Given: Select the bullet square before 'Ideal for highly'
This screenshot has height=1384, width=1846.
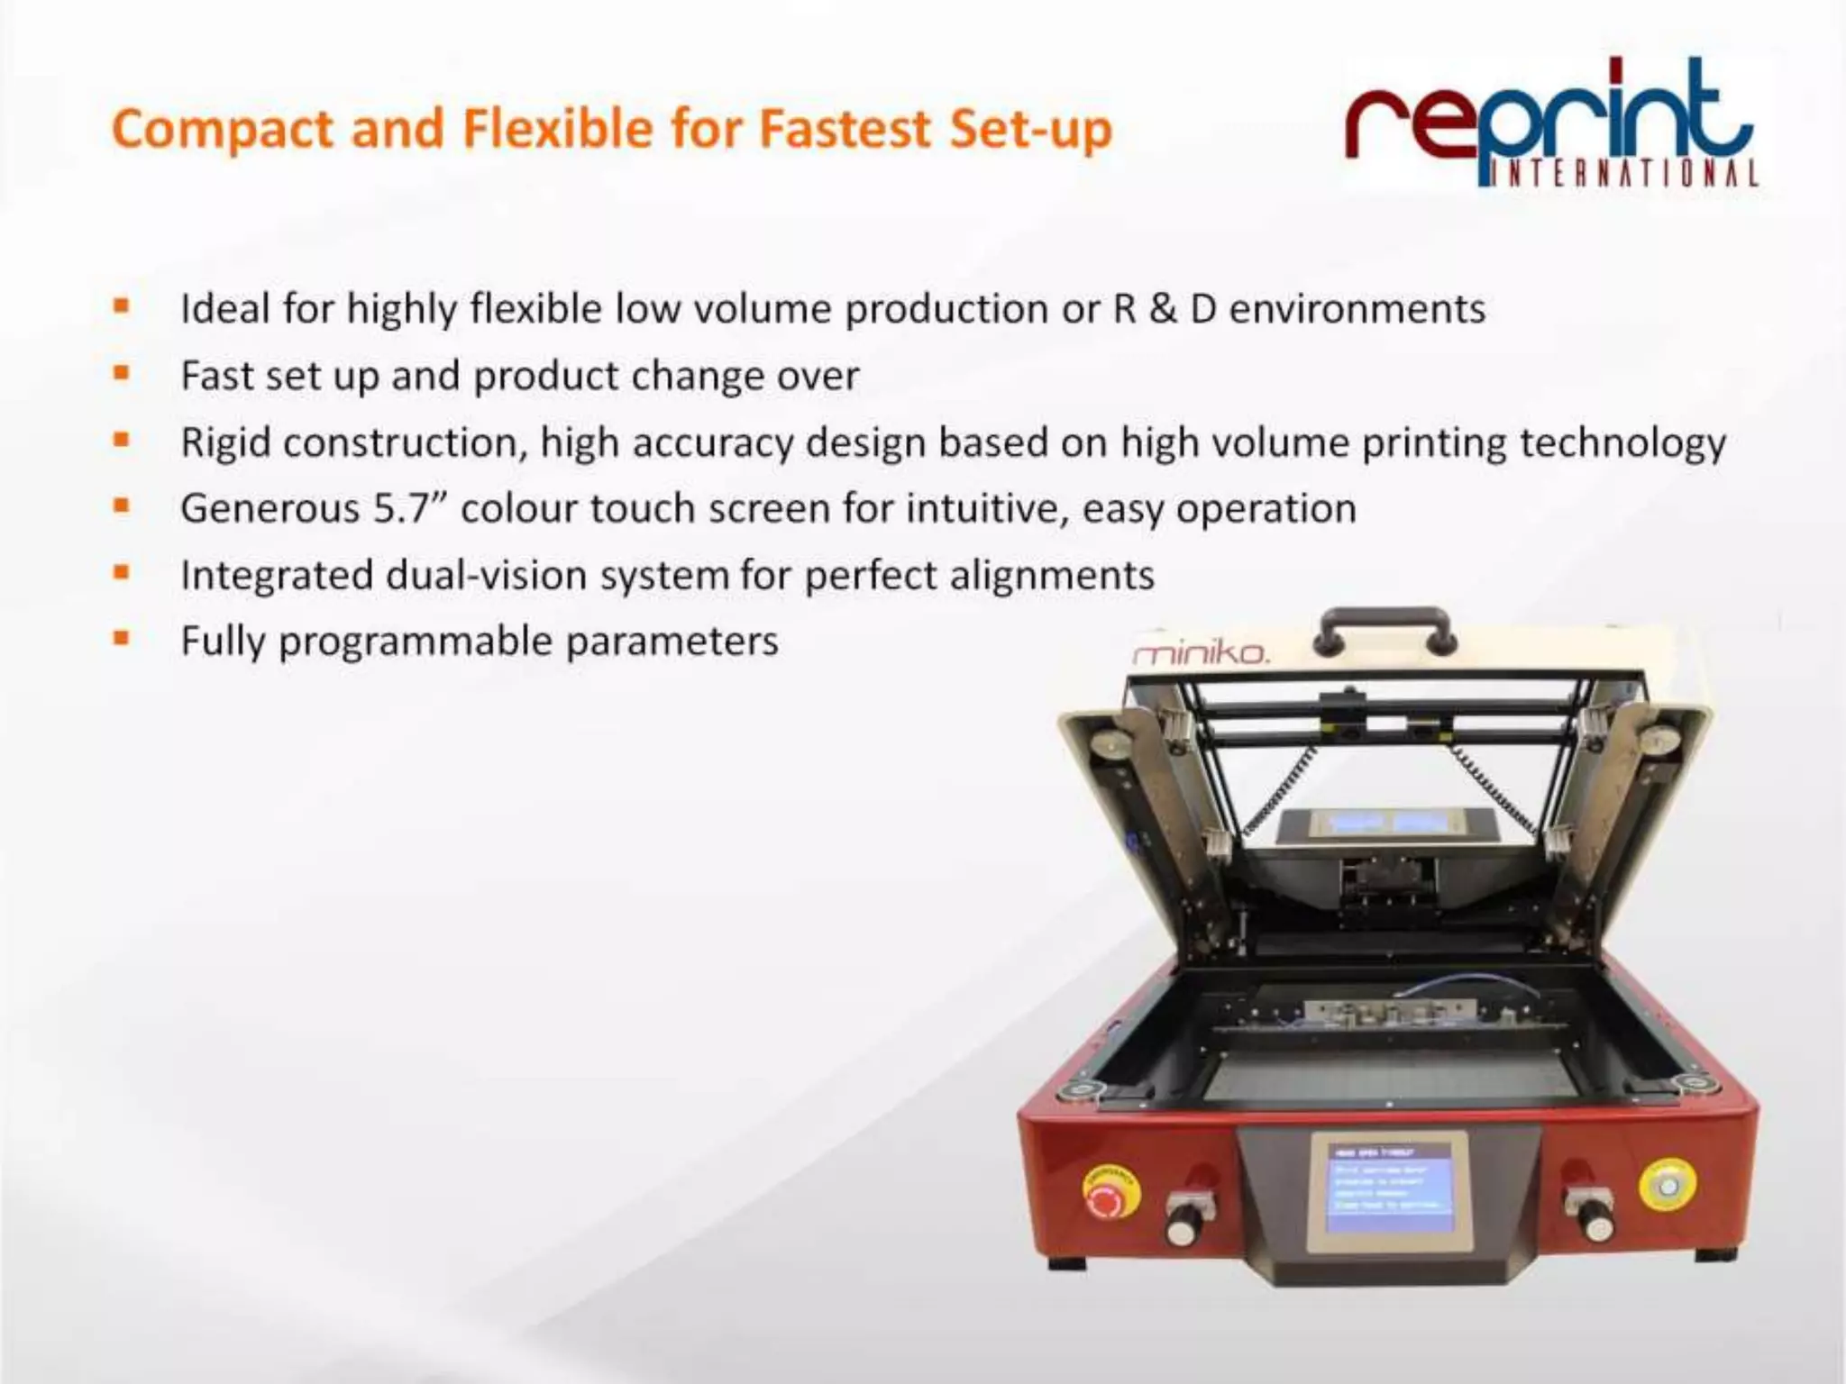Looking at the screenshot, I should pos(122,306).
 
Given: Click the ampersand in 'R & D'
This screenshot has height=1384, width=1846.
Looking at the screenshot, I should pos(1163,309).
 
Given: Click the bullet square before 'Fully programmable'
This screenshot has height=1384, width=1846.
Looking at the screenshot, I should pos(122,639).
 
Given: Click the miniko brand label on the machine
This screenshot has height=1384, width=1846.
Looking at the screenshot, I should pos(1201,651).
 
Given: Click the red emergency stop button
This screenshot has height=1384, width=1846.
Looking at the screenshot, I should pos(1110,1194).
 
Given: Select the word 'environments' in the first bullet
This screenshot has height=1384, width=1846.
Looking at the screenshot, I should pos(1357,309).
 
